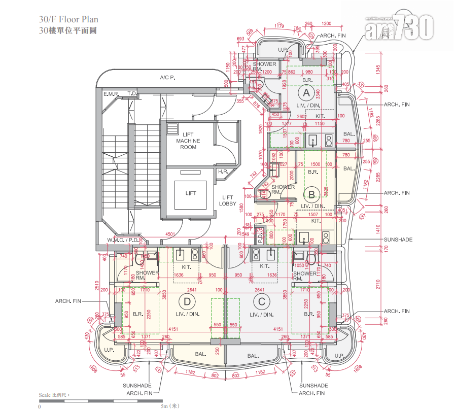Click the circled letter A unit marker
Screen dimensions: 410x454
coord(305,93)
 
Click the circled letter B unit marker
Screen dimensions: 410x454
coord(312,193)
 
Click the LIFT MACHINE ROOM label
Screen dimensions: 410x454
coord(188,141)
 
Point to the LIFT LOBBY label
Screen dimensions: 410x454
coord(228,200)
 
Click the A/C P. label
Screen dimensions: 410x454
coord(167,78)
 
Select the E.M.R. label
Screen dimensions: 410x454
coord(111,94)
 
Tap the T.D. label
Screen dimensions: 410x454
coord(132,94)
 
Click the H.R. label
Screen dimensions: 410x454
coord(224,172)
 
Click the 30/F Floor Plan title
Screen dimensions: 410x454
coord(68,20)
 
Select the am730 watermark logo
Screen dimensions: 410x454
coord(400,27)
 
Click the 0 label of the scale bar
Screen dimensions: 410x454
coord(39,406)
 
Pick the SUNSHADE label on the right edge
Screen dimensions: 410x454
coord(398,239)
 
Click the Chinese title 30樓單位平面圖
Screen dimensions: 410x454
coord(67,30)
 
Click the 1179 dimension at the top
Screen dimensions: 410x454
coord(279,25)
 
